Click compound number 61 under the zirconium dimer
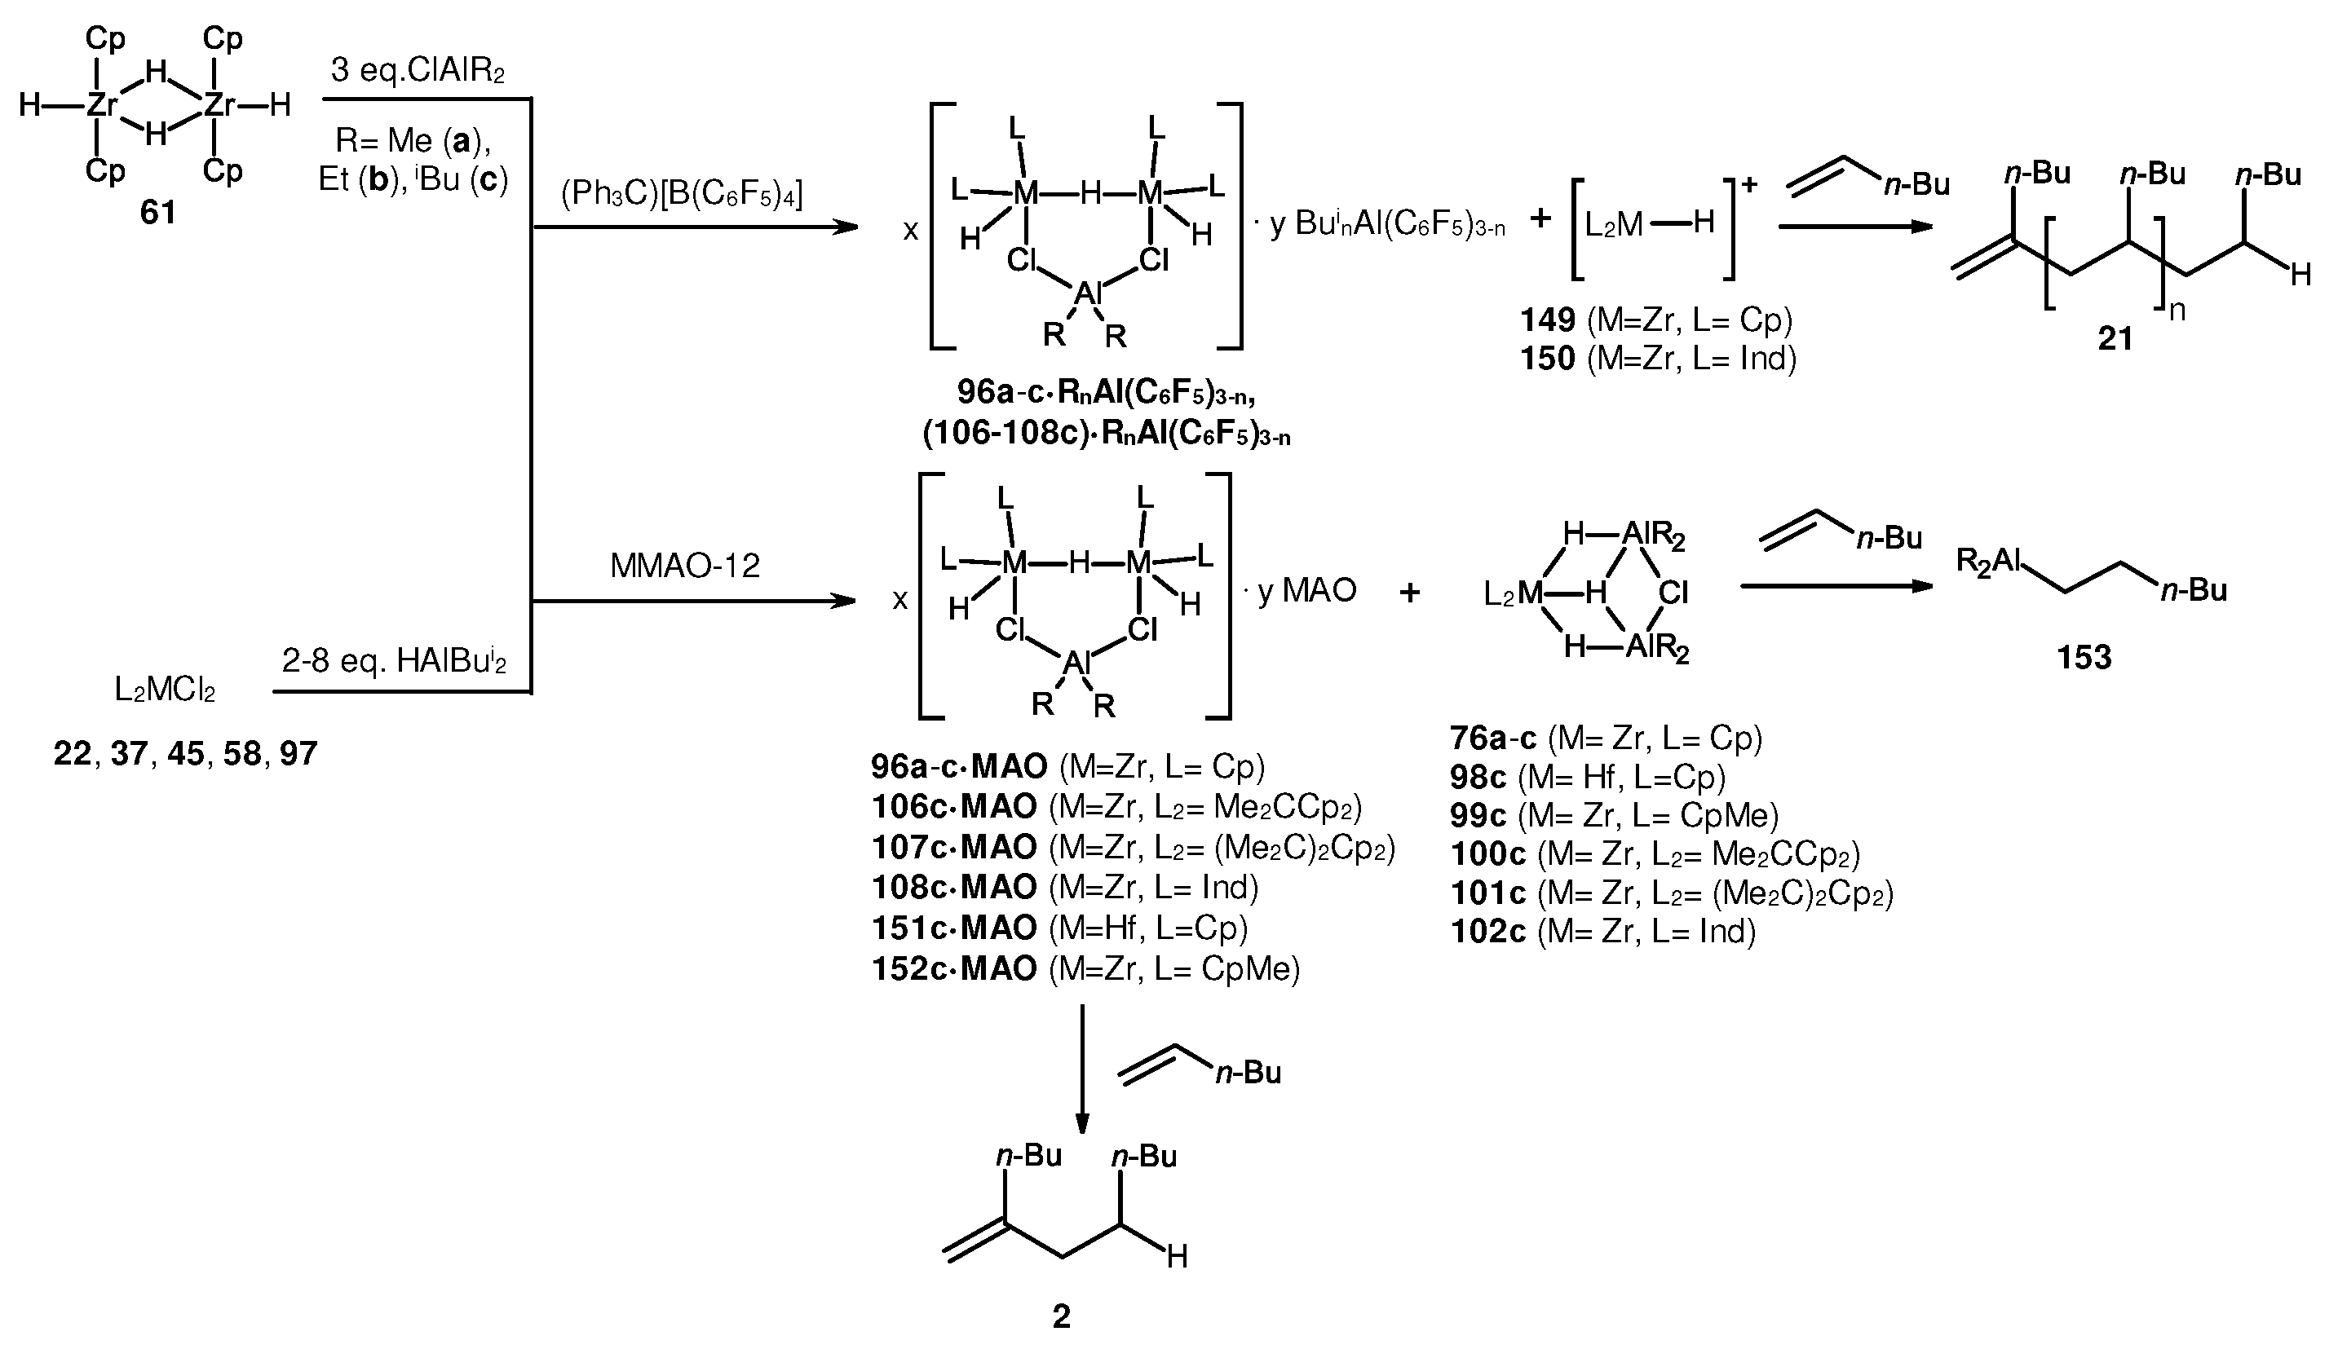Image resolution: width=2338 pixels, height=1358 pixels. [157, 213]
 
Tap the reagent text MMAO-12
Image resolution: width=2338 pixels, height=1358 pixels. [685, 565]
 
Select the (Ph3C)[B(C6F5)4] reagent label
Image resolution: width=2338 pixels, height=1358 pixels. [682, 194]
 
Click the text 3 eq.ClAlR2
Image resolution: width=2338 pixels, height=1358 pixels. [418, 70]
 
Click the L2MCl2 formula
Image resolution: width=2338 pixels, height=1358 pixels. [166, 690]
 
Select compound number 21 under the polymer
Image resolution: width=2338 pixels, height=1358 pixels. [2115, 338]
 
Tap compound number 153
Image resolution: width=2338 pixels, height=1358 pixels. [2084, 658]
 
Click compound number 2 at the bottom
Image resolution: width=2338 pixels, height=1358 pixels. [1062, 1316]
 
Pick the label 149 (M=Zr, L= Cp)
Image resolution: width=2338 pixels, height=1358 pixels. [1655, 320]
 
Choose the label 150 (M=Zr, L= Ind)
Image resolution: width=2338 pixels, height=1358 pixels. [1657, 358]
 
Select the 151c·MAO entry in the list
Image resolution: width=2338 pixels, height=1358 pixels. [1059, 928]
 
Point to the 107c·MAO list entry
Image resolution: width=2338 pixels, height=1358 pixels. [1132, 847]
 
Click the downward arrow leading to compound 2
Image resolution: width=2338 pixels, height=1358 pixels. [1082, 1067]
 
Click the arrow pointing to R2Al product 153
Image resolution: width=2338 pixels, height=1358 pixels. [1837, 586]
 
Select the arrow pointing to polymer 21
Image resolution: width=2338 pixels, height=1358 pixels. [1855, 227]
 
